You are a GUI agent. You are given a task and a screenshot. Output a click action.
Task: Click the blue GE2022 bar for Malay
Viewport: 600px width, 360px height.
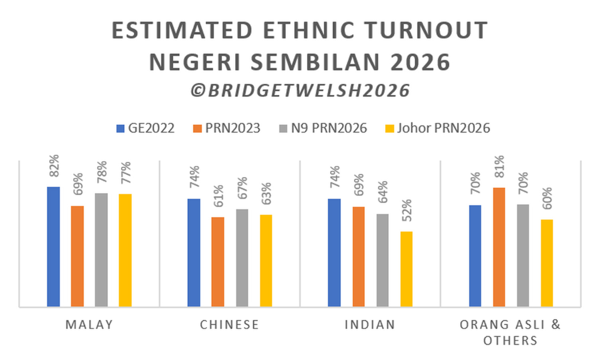pos(53,247)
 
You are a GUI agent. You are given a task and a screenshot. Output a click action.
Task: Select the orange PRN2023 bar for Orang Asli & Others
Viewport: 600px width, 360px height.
pos(499,247)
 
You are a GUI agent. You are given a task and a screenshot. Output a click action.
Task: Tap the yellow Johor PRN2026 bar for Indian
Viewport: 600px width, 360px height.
pos(406,269)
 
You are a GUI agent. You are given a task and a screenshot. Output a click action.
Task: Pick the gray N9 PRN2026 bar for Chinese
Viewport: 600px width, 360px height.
pos(242,258)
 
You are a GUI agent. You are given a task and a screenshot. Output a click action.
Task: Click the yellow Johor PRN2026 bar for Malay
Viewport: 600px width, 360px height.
pos(125,250)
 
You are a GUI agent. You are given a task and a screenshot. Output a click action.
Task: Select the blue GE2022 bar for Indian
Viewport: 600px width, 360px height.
pos(334,253)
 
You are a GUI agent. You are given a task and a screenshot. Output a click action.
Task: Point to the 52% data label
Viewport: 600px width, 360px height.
pos(406,211)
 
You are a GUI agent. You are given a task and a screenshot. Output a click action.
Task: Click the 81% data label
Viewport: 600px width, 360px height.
pos(499,166)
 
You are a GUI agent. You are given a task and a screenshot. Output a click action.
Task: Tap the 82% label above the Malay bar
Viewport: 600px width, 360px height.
pos(53,166)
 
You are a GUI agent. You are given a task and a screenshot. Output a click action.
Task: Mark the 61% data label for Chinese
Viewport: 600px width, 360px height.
pos(218,196)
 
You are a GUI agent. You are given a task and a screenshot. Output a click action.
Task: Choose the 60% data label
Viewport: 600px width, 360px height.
pos(547,198)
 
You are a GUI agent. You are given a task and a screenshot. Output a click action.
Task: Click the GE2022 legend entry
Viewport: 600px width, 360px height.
pos(145,128)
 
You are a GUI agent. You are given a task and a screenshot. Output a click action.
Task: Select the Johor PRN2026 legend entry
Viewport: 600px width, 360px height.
pos(437,128)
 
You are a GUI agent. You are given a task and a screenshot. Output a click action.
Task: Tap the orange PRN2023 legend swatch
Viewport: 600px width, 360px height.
pos(197,128)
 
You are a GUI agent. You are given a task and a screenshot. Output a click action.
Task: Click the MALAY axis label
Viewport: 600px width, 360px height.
pos(89,325)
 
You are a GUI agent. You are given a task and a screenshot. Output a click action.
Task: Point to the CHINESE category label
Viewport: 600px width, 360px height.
pos(230,325)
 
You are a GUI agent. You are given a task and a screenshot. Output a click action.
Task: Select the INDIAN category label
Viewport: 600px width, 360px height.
pos(370,325)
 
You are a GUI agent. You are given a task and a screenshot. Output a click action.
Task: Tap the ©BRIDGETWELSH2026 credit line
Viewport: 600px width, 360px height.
pos(301,91)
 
